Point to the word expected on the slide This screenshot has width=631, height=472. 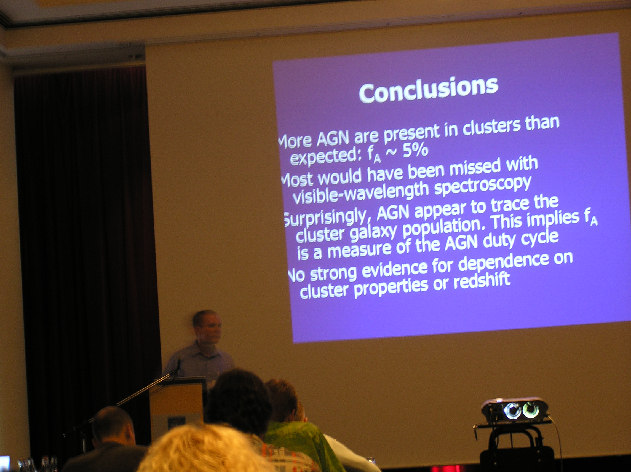[x=325, y=156]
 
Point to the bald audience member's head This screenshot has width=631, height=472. [x=114, y=425]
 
